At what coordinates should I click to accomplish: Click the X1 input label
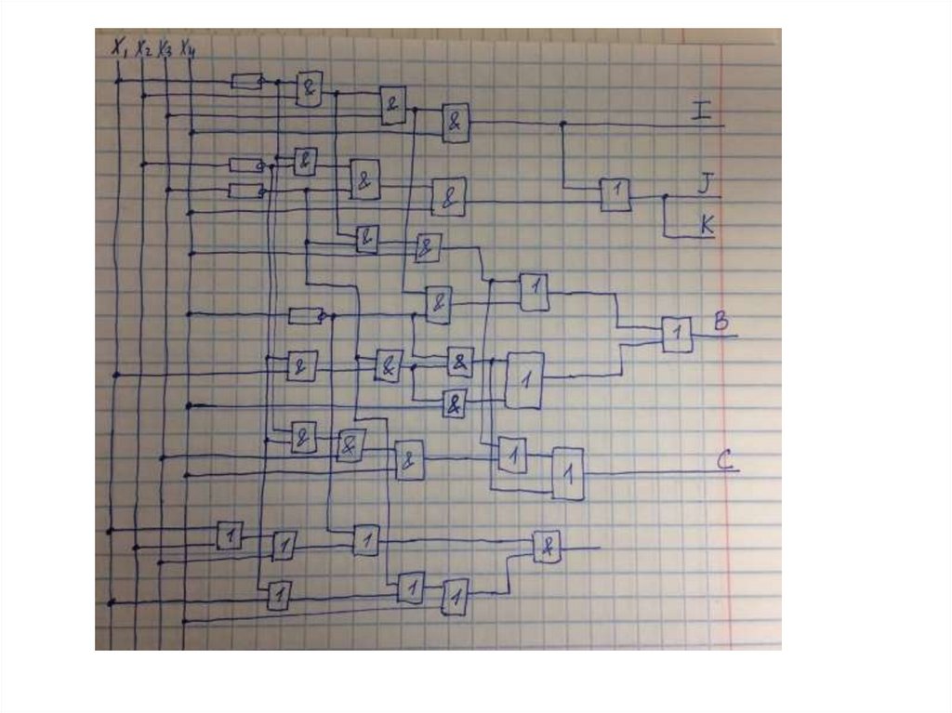119,46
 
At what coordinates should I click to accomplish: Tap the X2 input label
142,48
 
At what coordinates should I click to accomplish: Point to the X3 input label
164,48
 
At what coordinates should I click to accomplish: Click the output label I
702,112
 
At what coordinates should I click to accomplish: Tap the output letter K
706,224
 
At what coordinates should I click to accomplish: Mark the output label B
721,323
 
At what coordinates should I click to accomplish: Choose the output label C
727,459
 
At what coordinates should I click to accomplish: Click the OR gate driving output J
615,193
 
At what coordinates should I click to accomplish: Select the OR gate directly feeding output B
677,334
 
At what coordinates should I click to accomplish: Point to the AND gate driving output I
456,122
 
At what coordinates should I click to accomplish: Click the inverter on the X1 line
245,82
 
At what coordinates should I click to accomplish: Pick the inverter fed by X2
245,165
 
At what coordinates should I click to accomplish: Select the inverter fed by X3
245,191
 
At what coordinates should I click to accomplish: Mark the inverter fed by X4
305,316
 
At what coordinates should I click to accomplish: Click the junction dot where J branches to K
665,196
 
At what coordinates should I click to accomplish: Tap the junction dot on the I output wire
562,123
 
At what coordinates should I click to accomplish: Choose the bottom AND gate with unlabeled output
547,547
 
